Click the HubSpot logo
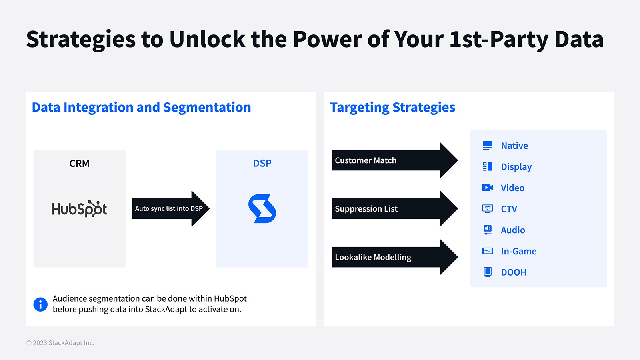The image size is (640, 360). (x=79, y=209)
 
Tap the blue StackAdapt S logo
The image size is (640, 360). (x=262, y=208)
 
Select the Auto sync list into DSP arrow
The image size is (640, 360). (x=170, y=208)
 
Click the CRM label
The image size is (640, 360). (x=79, y=164)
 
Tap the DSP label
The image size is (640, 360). (x=262, y=164)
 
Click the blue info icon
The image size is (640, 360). (x=40, y=304)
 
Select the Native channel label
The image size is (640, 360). (x=514, y=146)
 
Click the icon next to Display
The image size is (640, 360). (x=487, y=167)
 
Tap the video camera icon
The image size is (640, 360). (x=487, y=188)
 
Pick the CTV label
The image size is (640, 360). (x=509, y=209)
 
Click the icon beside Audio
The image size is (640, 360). (x=487, y=230)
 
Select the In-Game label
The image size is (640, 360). (x=518, y=251)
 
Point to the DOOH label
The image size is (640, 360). (x=514, y=272)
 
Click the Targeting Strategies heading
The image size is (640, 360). (x=392, y=108)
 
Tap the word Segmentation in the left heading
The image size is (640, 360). (x=207, y=108)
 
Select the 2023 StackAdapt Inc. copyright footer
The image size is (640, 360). (x=60, y=343)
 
